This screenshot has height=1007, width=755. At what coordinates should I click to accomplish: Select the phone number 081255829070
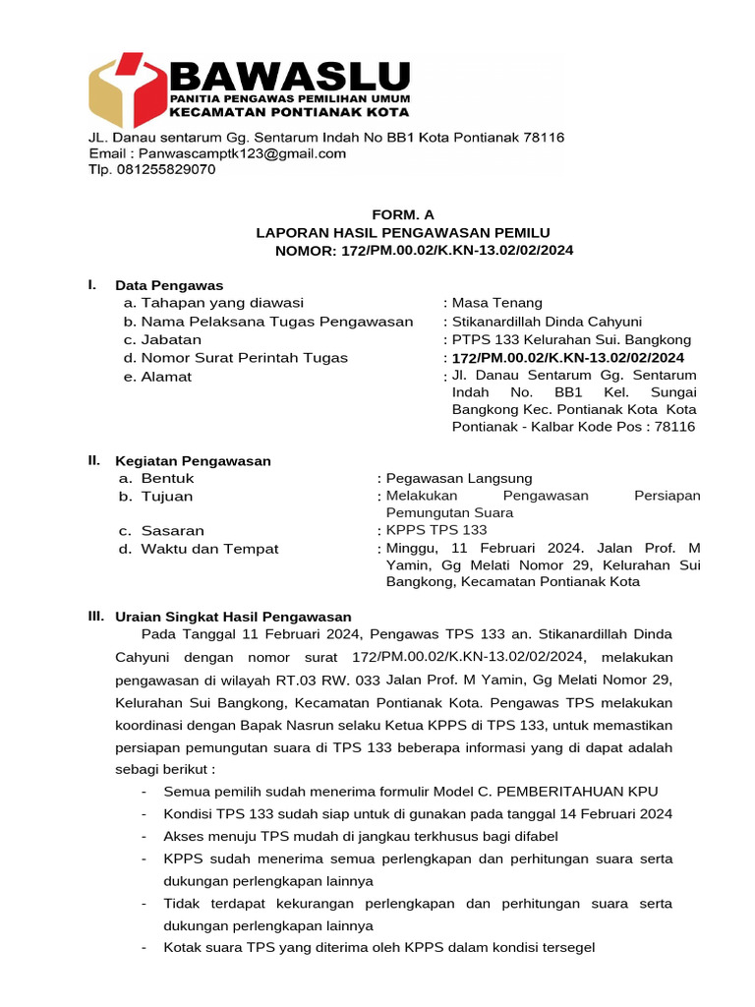click(165, 169)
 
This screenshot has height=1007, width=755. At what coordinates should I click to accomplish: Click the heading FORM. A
click(402, 214)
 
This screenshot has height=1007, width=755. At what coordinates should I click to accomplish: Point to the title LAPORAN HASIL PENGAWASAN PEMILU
click(403, 232)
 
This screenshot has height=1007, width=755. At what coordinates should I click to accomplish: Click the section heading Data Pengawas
click(169, 285)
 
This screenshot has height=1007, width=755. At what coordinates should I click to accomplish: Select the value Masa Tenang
click(496, 303)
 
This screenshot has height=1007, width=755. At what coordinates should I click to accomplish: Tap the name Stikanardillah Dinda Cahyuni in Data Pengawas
click(547, 322)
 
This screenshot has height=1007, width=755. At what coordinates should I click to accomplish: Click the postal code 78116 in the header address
click(543, 138)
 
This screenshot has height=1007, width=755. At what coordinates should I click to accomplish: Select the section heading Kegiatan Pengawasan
click(193, 460)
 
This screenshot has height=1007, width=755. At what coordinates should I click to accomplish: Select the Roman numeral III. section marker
click(95, 616)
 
